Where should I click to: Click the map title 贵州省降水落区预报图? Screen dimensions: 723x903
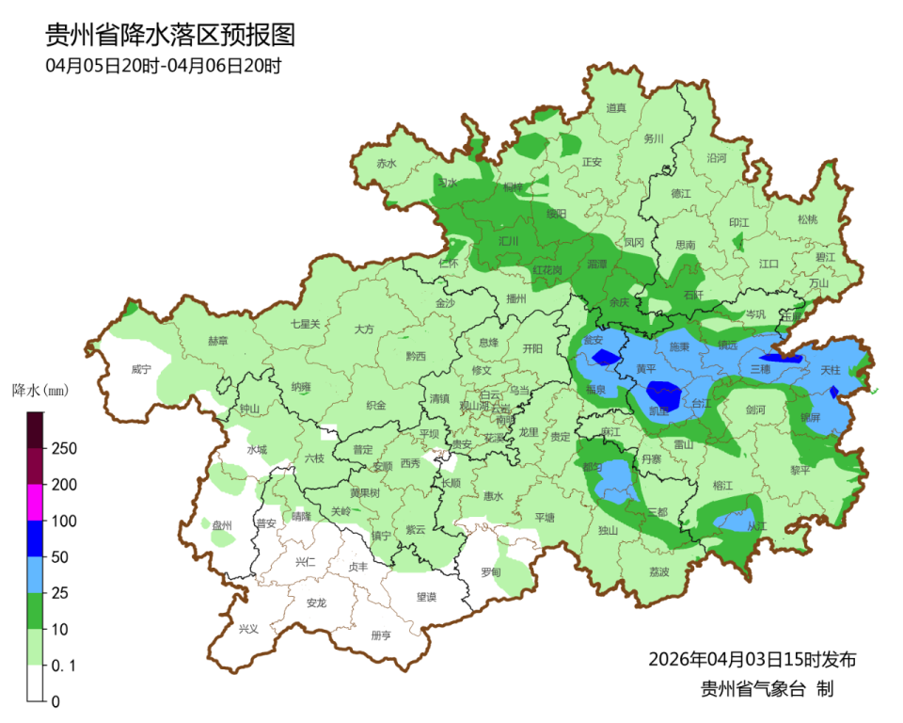coord(170,36)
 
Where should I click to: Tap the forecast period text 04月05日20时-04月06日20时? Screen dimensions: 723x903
coord(164,66)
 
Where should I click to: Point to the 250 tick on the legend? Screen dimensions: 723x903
coord(63,448)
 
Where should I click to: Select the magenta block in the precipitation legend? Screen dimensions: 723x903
coord(35,502)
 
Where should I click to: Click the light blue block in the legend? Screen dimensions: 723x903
coord(35,574)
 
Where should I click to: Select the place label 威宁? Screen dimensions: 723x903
coord(141,370)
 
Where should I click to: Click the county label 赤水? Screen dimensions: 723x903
coord(387,163)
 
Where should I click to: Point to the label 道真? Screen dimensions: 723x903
coord(616,108)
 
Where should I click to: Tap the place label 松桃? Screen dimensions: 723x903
coord(807,219)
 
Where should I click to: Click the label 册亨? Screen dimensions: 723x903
coord(381,635)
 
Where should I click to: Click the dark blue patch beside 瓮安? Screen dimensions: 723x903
coord(606,356)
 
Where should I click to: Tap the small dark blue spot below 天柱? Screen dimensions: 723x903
coord(832,392)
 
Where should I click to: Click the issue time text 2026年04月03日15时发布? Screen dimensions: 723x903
coord(752,658)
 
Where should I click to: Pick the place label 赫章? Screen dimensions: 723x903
coord(217,341)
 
